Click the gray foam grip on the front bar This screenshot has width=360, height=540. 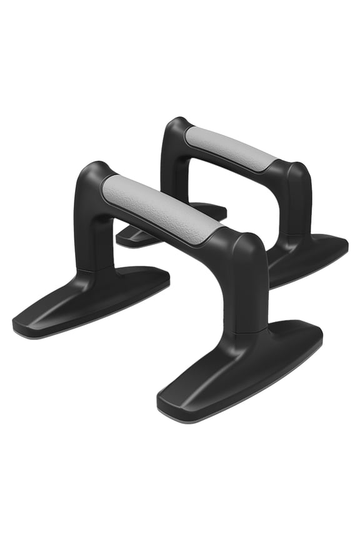161,209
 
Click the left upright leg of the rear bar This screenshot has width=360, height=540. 172,169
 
